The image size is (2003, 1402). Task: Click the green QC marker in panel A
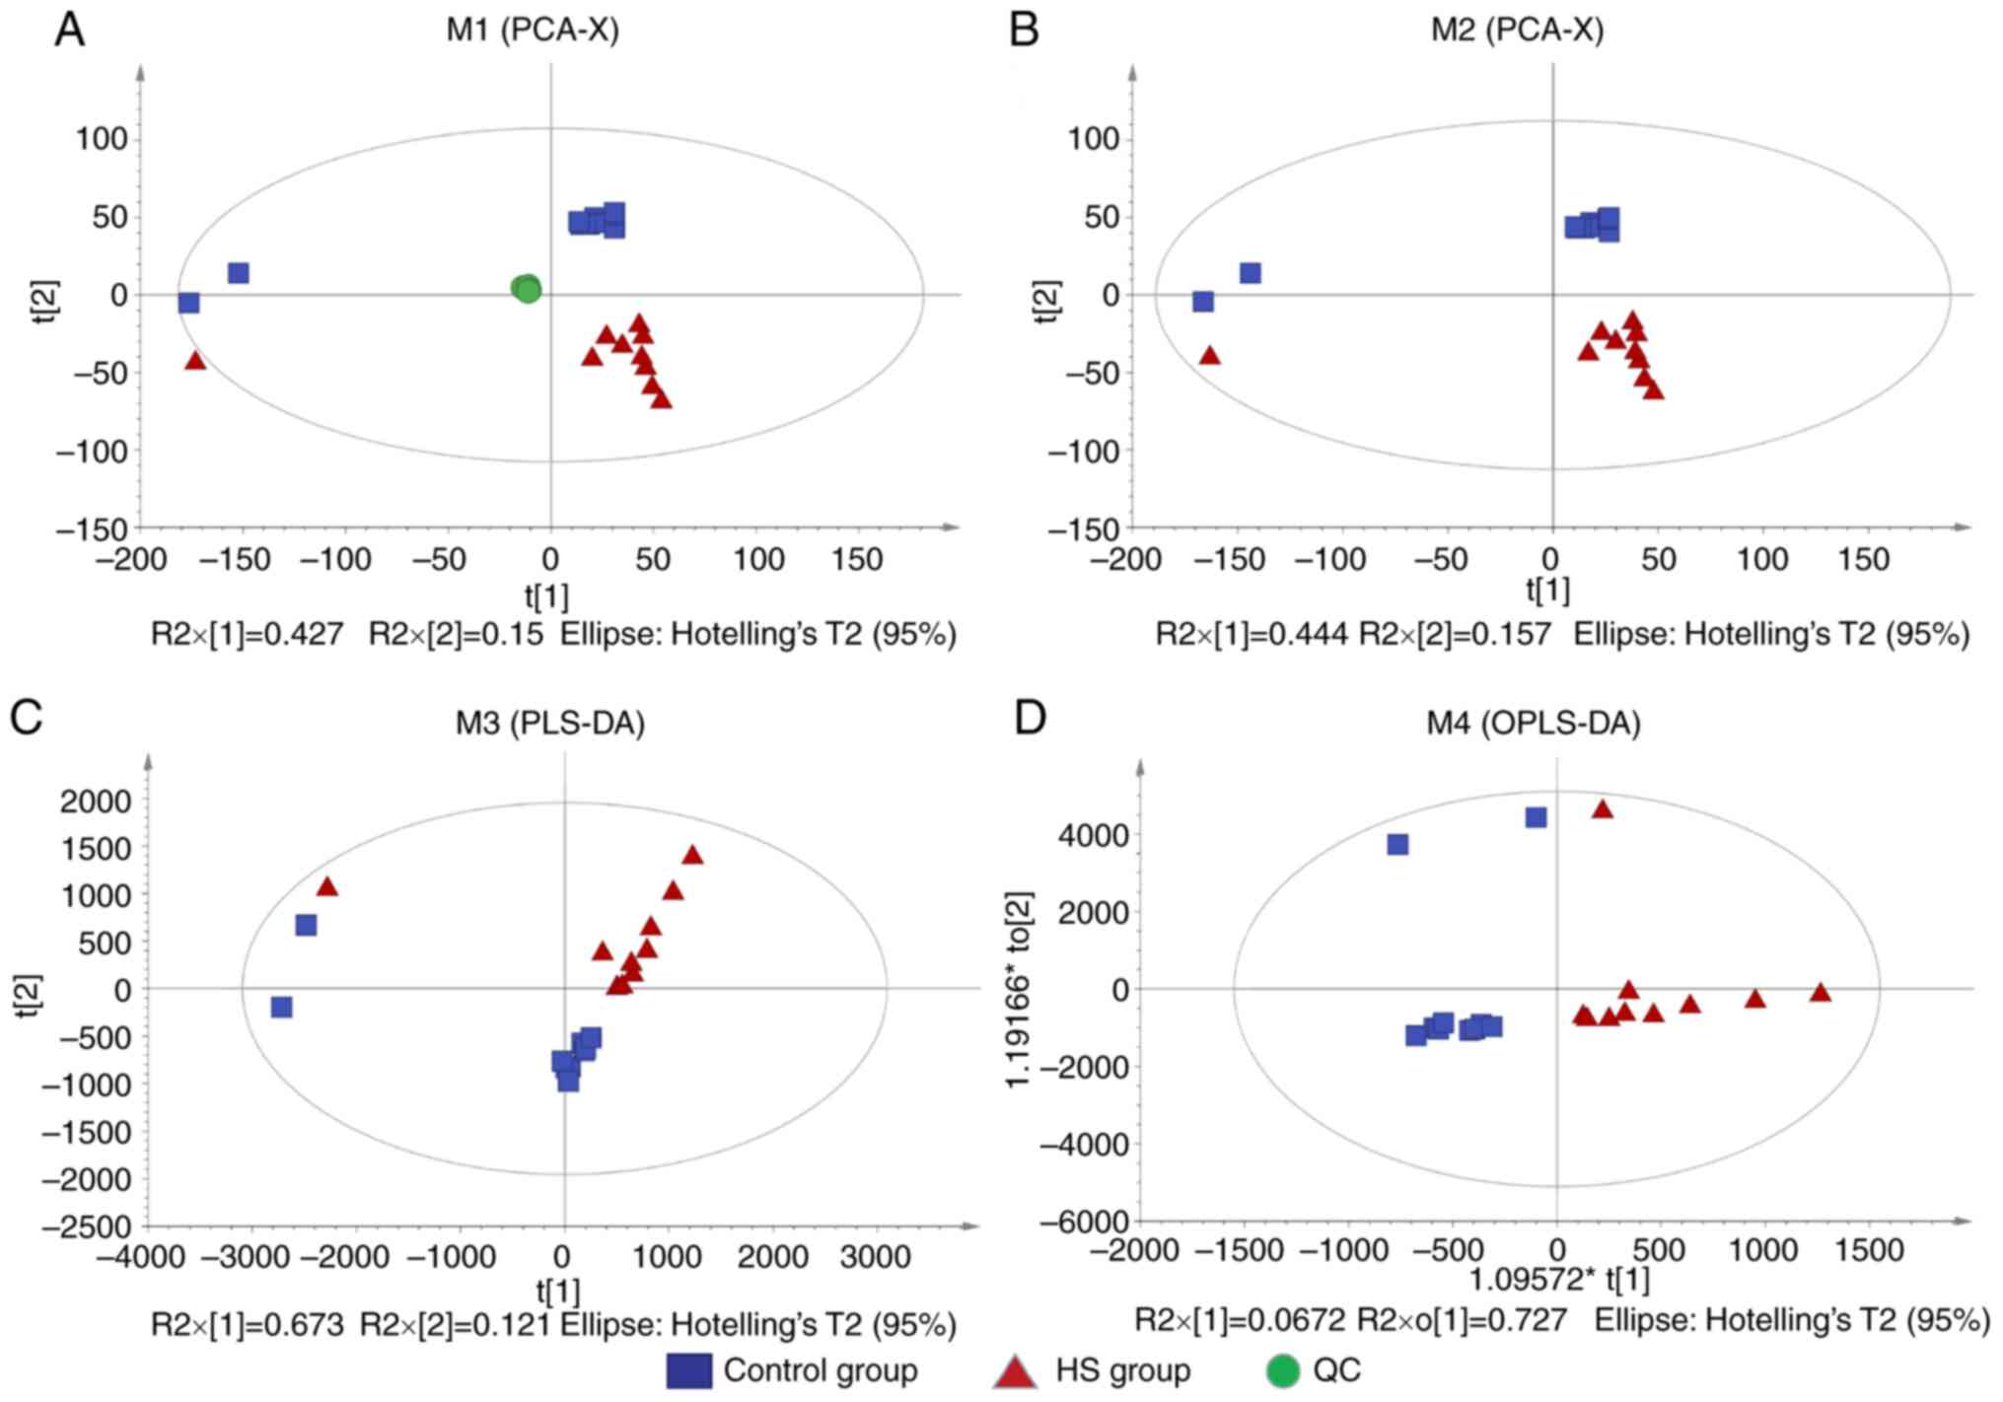click(527, 289)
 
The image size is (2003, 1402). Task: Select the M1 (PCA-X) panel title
click(533, 31)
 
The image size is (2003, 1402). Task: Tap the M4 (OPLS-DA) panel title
click(1534, 724)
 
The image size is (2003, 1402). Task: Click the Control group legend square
click(688, 1370)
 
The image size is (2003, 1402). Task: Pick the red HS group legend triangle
click(1015, 1371)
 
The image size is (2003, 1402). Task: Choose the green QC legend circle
click(1282, 1370)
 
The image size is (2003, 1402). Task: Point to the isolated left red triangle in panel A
click(195, 361)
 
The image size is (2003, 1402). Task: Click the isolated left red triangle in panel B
click(1209, 356)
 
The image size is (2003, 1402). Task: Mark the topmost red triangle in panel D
click(1603, 809)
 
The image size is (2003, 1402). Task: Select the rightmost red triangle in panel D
click(1821, 992)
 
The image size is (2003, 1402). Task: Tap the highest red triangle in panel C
click(692, 855)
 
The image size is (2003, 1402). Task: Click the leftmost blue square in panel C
click(281, 1007)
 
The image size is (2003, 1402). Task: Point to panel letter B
click(1025, 31)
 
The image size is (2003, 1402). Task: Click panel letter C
click(26, 717)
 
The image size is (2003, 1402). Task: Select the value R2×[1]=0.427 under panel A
click(247, 634)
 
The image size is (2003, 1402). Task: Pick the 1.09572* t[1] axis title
click(1559, 1280)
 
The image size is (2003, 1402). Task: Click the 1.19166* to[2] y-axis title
click(1019, 989)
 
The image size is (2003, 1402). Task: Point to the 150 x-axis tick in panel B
click(1863, 560)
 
